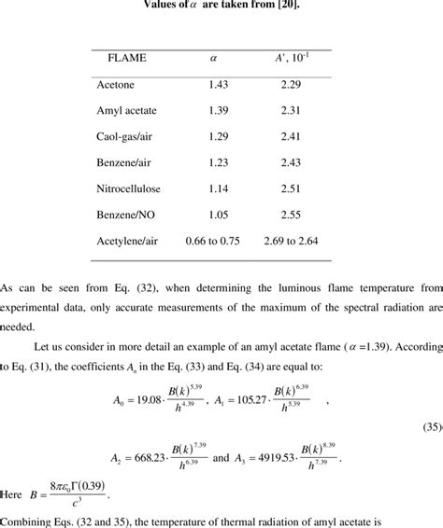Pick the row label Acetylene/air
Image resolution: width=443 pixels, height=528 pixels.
point(127,241)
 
